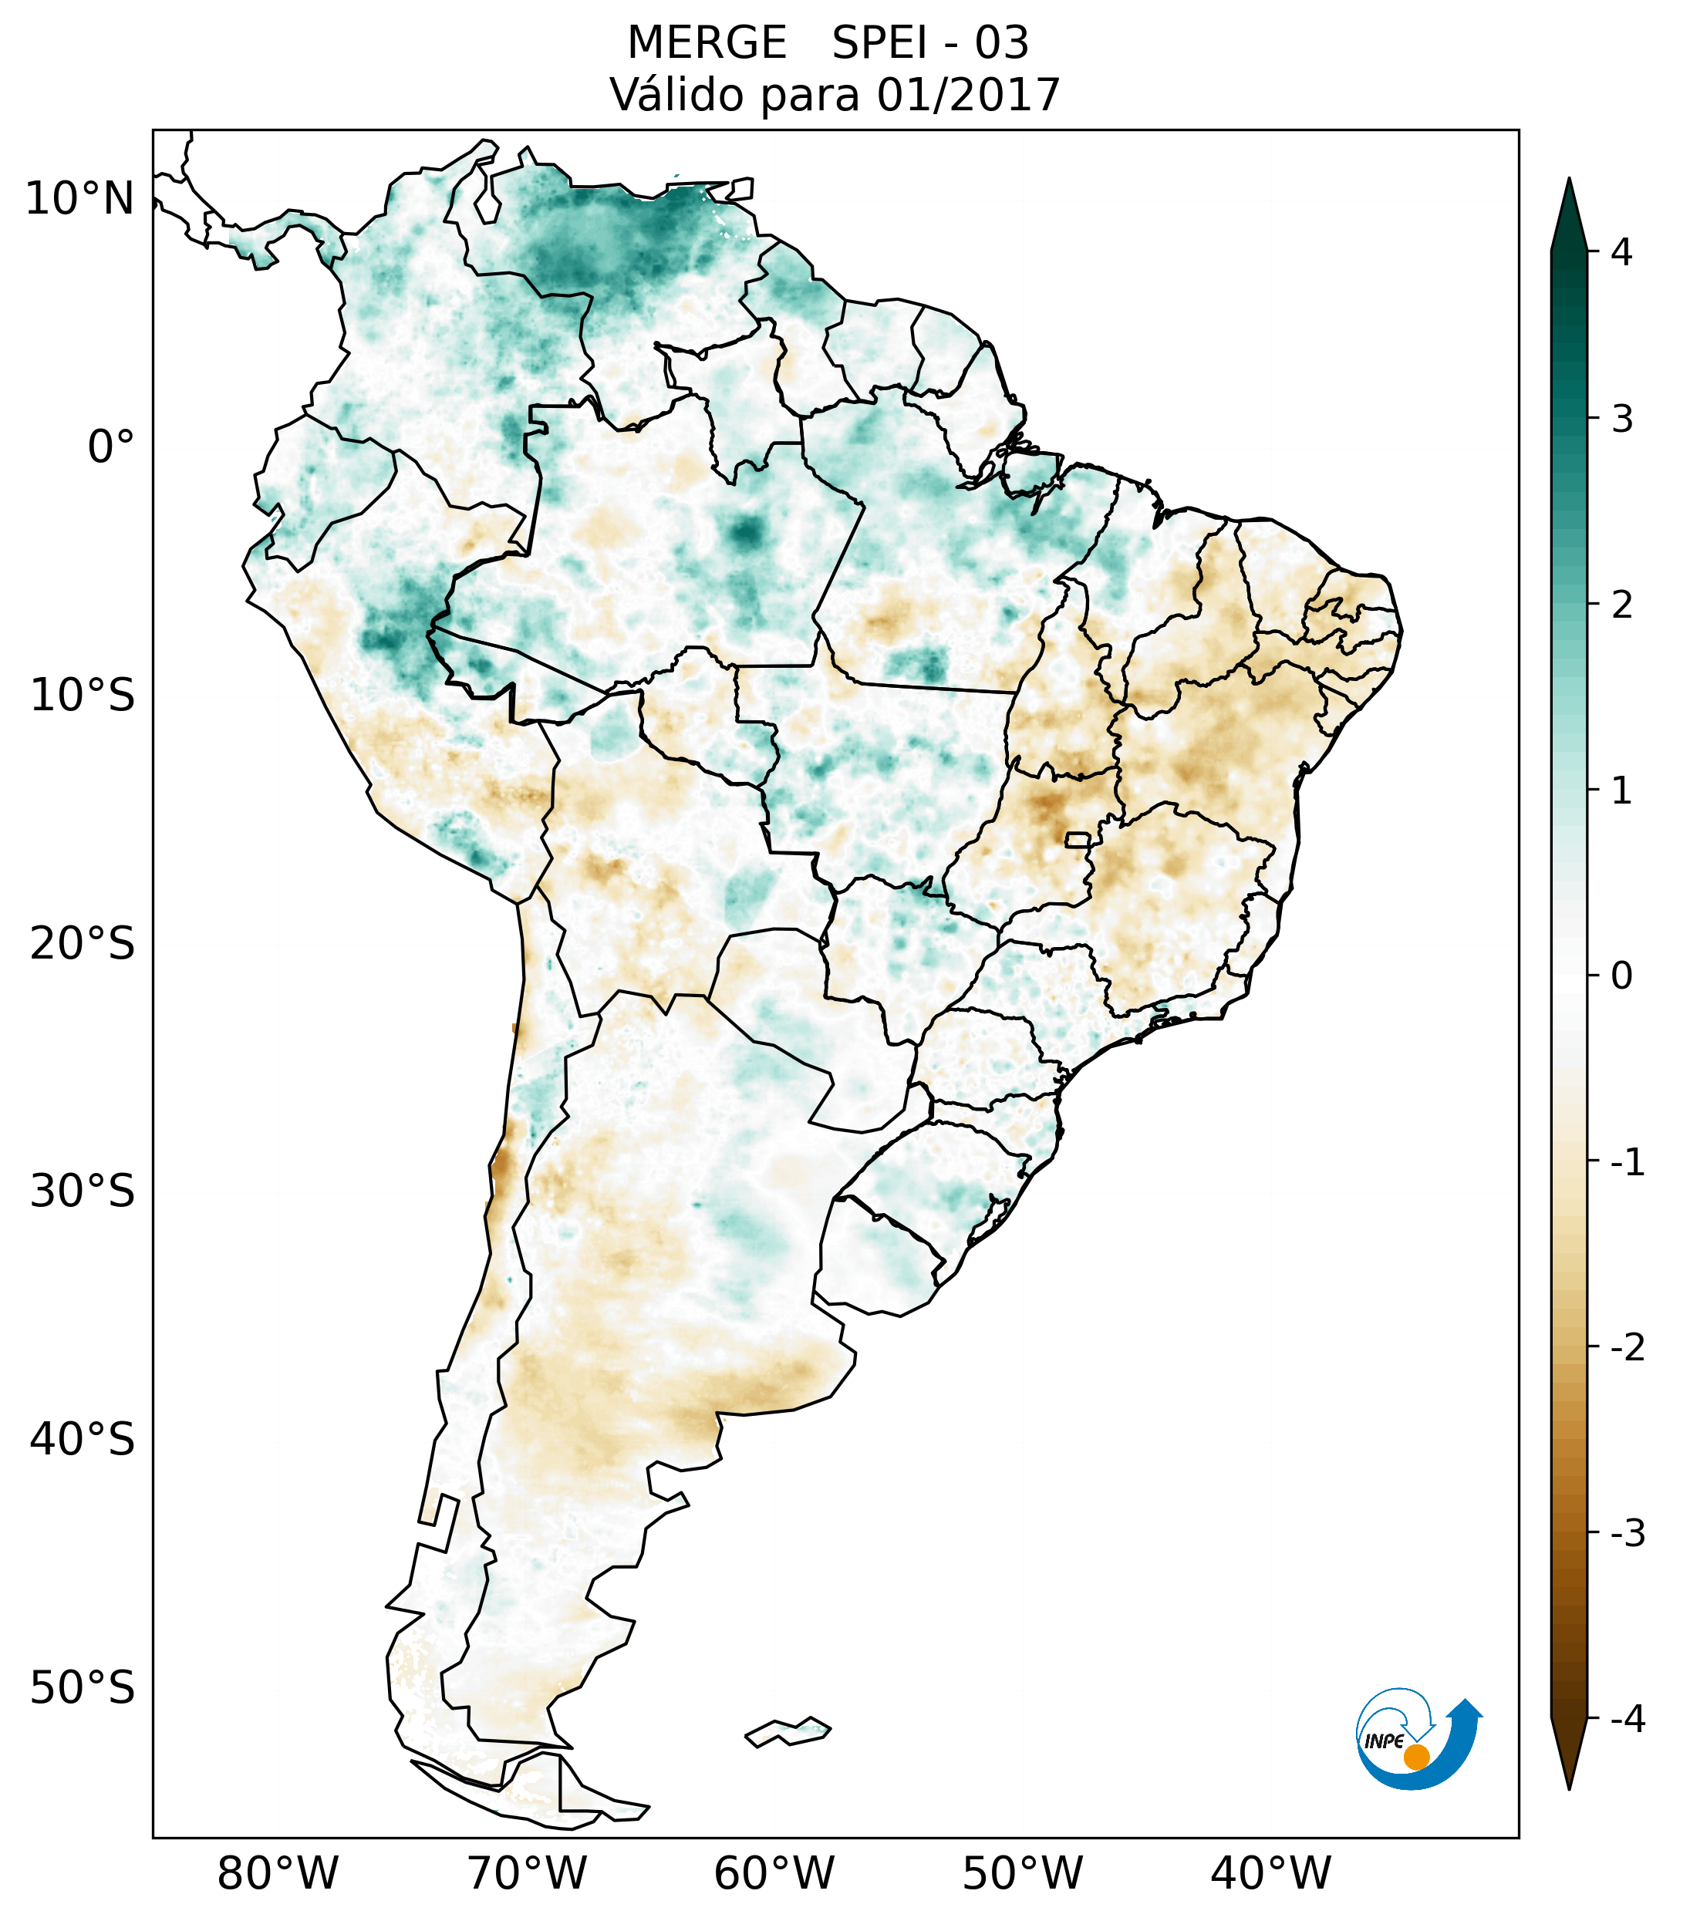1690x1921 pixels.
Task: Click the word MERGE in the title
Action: (x=706, y=43)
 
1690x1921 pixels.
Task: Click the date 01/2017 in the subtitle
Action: (x=968, y=95)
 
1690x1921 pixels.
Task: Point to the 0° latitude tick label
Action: (x=111, y=447)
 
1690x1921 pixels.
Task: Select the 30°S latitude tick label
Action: (x=83, y=1191)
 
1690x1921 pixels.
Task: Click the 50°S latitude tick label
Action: (x=83, y=1689)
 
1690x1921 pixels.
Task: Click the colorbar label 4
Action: (x=1621, y=252)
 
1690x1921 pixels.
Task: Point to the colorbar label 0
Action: (x=1621, y=976)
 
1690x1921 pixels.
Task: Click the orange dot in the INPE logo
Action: (x=1416, y=1756)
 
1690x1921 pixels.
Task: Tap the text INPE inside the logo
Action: (x=1384, y=1741)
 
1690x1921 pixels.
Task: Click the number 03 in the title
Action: (x=1001, y=43)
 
